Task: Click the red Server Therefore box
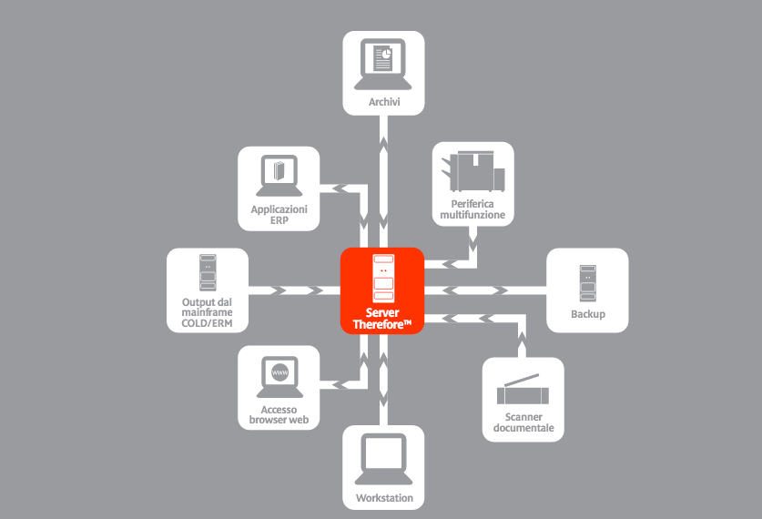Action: pyautogui.click(x=382, y=290)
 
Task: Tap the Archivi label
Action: pyautogui.click(x=384, y=102)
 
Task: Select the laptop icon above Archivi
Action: pyautogui.click(x=384, y=64)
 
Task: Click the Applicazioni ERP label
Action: pyautogui.click(x=279, y=214)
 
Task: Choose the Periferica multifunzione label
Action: pyautogui.click(x=472, y=209)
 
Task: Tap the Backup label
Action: pyautogui.click(x=587, y=314)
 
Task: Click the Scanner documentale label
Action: pyautogui.click(x=523, y=422)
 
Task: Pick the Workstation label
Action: pyautogui.click(x=384, y=498)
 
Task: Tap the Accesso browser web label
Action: pyautogui.click(x=279, y=415)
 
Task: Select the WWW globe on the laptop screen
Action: pyautogui.click(x=279, y=373)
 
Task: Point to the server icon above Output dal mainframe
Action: pyautogui.click(x=208, y=272)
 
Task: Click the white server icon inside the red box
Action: pyautogui.click(x=383, y=277)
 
